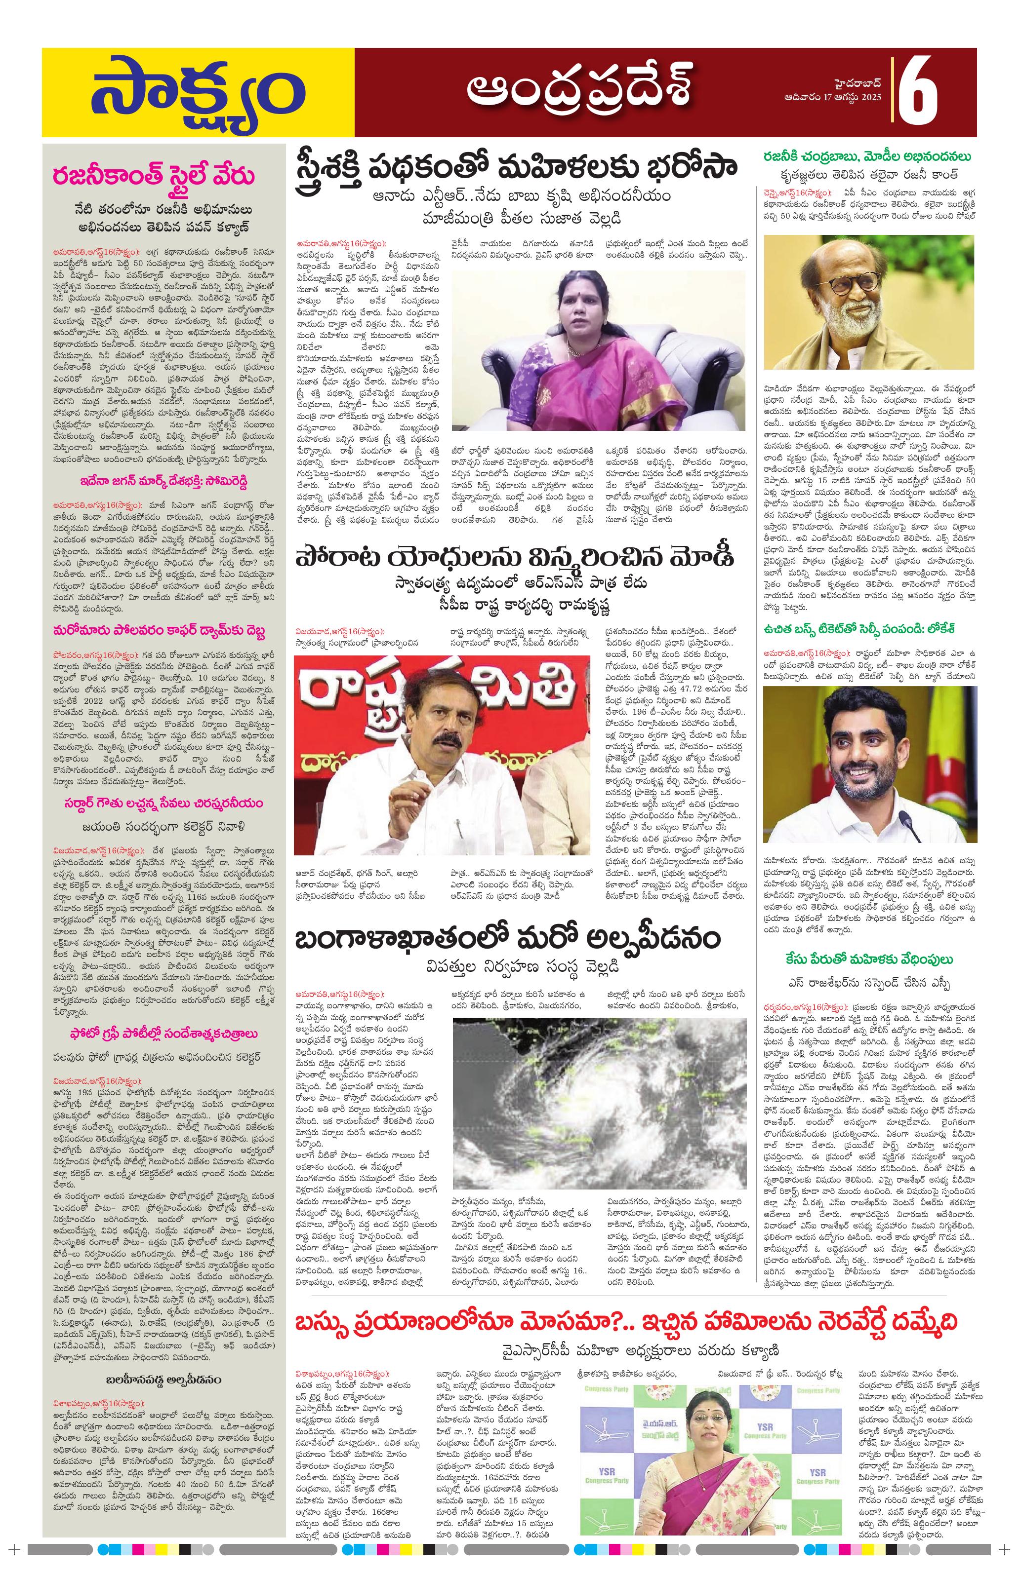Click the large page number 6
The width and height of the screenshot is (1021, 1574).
(918, 89)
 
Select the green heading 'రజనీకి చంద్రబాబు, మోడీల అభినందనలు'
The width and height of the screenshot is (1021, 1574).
(867, 157)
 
